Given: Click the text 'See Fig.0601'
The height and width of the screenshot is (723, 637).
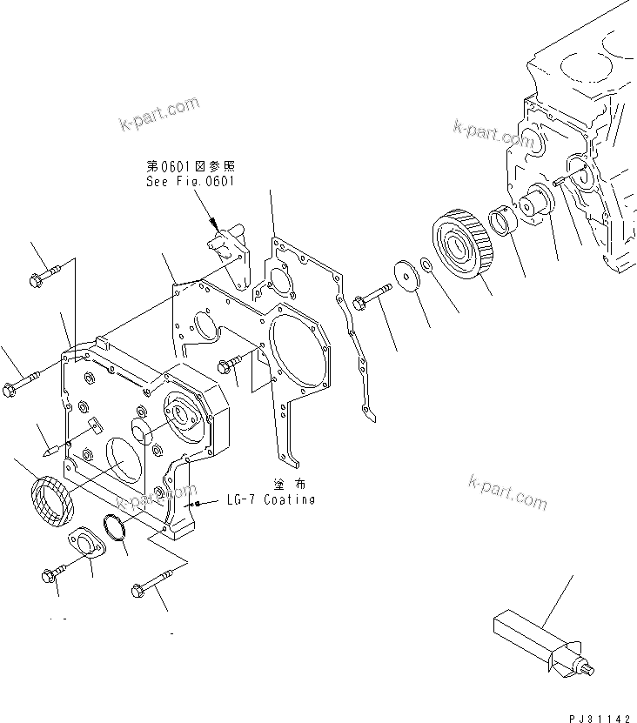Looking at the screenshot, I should (x=191, y=182).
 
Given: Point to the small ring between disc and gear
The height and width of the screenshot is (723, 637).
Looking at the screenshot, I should (x=426, y=264).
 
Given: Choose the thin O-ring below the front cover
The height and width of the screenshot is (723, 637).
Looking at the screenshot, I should (x=114, y=527).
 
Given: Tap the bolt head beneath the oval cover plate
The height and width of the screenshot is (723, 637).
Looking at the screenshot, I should (x=49, y=574).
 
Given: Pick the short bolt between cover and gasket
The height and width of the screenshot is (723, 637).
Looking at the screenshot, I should (x=232, y=367).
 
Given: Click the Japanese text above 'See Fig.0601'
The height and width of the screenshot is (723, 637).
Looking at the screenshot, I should (x=191, y=166).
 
